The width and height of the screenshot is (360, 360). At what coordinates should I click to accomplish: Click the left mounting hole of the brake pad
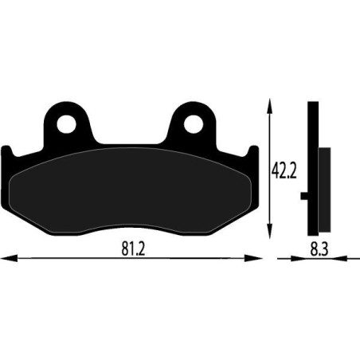66,124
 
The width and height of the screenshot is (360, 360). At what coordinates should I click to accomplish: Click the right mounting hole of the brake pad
194,124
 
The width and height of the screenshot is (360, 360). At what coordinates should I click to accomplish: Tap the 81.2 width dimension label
133,249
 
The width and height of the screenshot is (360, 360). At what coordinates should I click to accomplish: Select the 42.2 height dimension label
284,170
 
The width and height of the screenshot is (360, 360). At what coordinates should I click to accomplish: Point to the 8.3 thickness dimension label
319,249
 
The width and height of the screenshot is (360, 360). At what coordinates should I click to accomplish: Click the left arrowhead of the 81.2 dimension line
10,258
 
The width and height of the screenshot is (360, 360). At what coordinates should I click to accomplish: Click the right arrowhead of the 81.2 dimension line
253,258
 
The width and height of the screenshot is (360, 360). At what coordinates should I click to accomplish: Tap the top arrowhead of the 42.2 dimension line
270,107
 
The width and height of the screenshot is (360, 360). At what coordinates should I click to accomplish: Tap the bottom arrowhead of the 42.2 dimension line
270,231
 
